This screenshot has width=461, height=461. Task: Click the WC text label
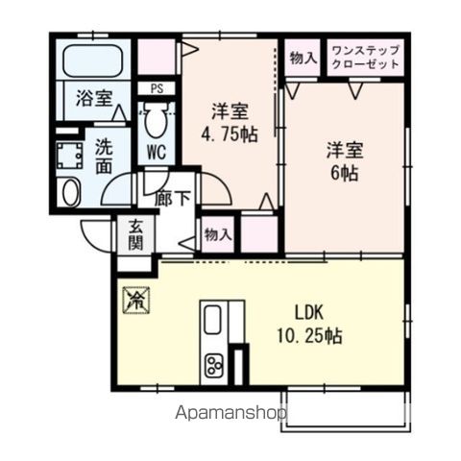[x=157, y=152]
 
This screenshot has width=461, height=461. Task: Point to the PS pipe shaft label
[x=157, y=88]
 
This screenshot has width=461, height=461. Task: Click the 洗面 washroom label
[x=106, y=158]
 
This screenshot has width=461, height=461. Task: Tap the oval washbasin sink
[x=70, y=192]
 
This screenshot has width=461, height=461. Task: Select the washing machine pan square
[x=69, y=155]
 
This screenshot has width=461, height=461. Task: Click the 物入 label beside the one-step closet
[x=303, y=57]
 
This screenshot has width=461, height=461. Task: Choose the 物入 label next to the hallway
[x=218, y=233]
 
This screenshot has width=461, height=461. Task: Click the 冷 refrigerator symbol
[x=133, y=299]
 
